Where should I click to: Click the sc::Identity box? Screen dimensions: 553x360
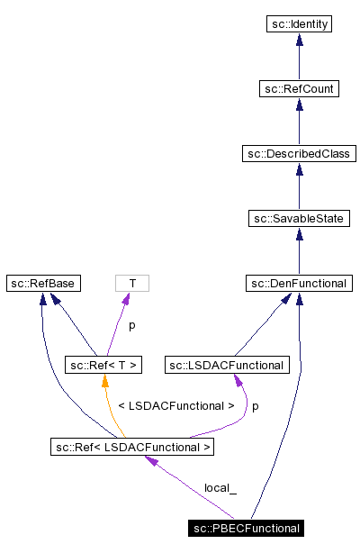[299, 24]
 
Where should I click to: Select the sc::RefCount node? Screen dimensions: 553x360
[299, 89]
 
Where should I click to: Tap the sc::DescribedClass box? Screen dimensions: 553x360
[299, 154]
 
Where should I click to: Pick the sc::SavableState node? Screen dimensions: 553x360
[299, 219]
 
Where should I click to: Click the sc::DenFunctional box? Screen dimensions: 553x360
[299, 284]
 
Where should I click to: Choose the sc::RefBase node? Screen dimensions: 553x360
[42, 284]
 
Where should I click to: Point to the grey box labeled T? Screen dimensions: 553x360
[132, 284]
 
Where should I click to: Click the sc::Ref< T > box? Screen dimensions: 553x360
[105, 365]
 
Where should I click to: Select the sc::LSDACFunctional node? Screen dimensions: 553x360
[227, 365]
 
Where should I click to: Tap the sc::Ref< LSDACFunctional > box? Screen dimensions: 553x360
[133, 446]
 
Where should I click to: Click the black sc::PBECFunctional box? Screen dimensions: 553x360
[246, 527]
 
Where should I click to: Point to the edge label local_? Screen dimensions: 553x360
[220, 487]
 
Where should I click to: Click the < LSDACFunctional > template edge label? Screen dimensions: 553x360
[175, 406]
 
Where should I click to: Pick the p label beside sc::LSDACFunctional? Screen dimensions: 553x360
[255, 406]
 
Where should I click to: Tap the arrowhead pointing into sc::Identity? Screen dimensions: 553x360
[299, 40]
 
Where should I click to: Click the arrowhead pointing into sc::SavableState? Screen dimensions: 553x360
[299, 234]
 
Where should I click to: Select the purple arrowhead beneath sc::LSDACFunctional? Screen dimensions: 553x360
[239, 379]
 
